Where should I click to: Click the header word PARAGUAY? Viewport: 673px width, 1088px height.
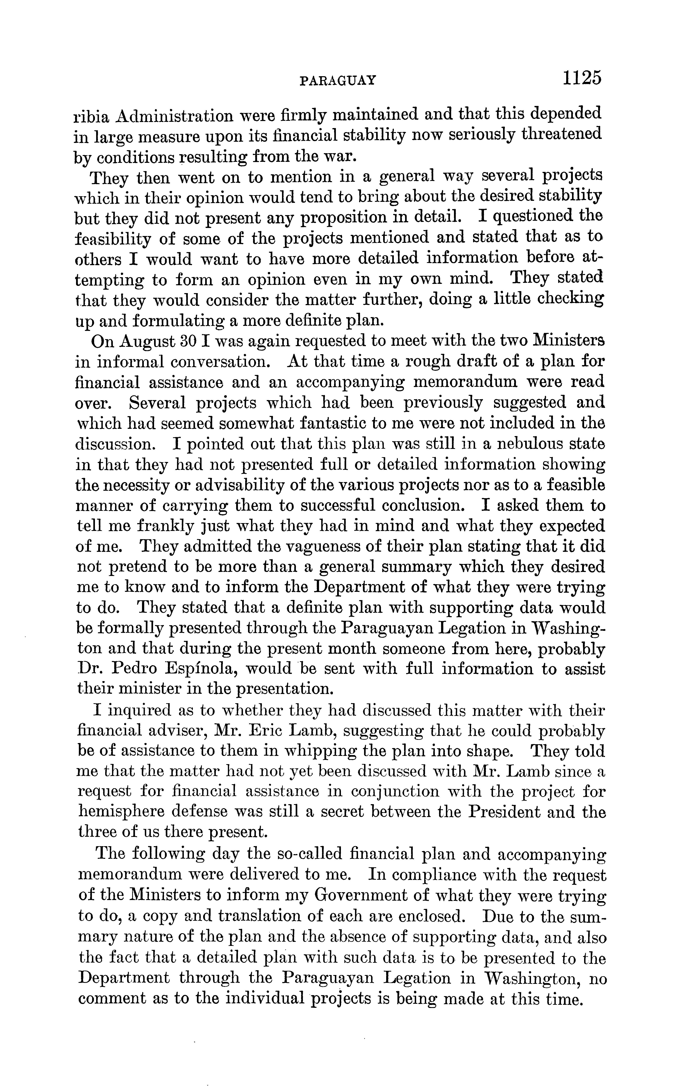coord(338,80)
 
